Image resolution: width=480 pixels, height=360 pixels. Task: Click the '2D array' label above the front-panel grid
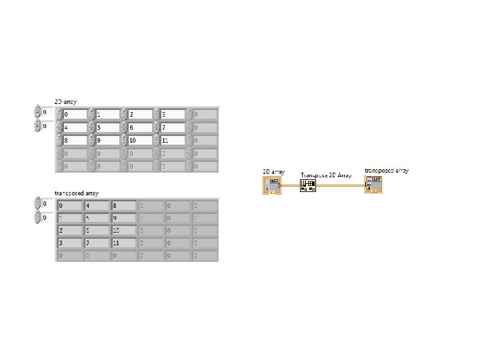tap(65, 101)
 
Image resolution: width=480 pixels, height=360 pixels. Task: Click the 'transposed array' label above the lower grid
tap(77, 193)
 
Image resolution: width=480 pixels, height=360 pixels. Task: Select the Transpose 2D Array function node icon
tap(309, 185)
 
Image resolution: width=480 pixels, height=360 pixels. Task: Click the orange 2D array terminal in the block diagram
tap(273, 185)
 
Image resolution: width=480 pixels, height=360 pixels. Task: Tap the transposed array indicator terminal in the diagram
tap(373, 185)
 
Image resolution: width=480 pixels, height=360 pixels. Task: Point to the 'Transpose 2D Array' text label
tap(326, 175)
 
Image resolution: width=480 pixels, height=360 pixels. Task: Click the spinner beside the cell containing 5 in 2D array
tap(92, 127)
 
